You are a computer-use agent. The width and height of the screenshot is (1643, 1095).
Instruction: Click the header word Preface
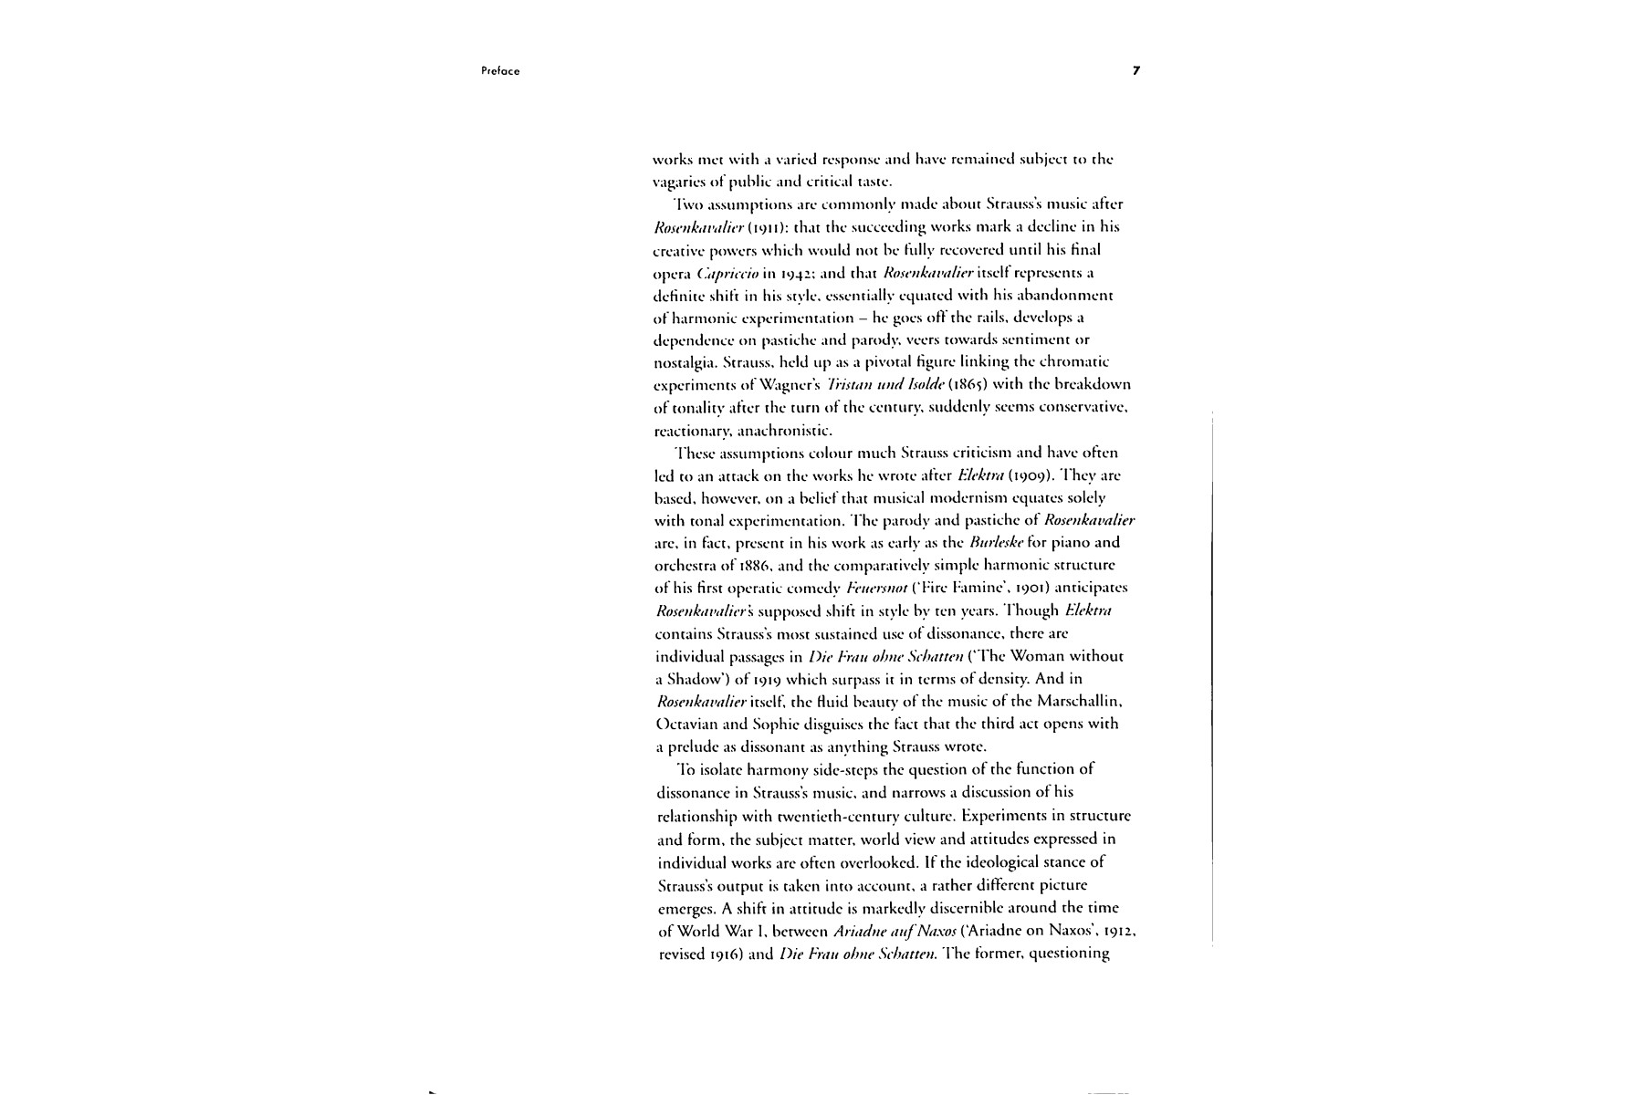coord(500,71)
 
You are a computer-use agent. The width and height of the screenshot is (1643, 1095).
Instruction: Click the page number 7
coord(1136,70)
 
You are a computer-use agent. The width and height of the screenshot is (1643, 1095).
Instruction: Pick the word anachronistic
coord(784,430)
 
